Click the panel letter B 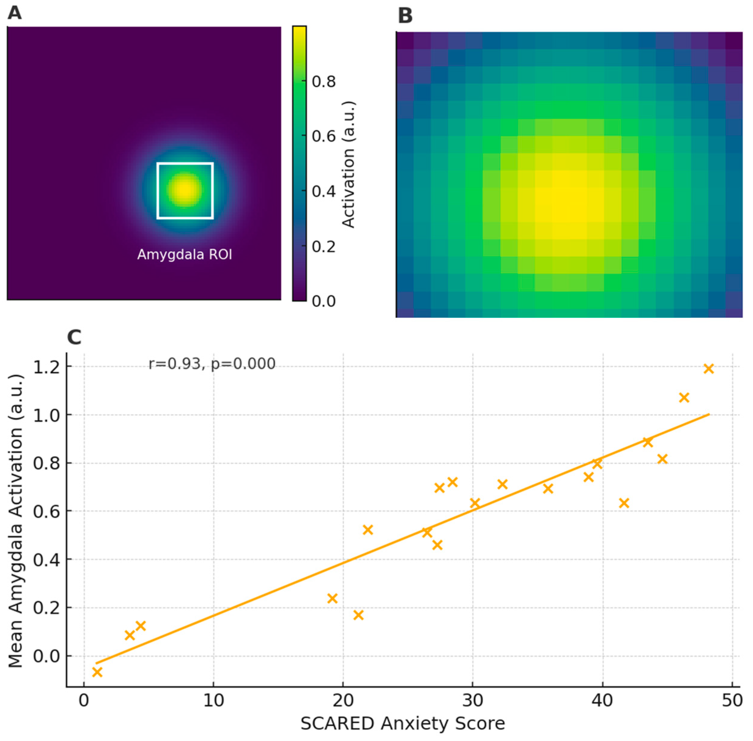click(x=405, y=16)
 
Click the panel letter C click(x=74, y=337)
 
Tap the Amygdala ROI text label click(x=185, y=255)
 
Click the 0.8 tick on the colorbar click(x=323, y=82)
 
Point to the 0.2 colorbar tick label click(x=323, y=246)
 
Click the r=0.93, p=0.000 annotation click(x=212, y=364)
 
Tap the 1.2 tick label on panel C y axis click(x=46, y=367)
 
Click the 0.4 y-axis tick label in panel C click(x=46, y=560)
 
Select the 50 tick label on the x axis click(x=732, y=700)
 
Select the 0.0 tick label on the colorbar click(x=323, y=301)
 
